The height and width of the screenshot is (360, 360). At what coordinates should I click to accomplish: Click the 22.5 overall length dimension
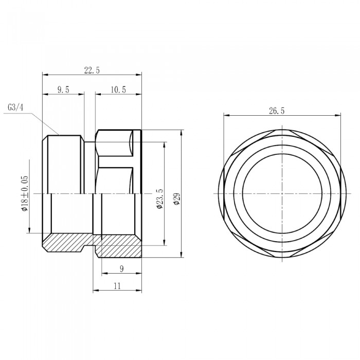pyautogui.click(x=92, y=70)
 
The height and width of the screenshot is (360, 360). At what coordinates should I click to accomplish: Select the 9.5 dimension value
pyautogui.click(x=63, y=89)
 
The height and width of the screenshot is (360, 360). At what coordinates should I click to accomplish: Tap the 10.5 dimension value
pyautogui.click(x=118, y=89)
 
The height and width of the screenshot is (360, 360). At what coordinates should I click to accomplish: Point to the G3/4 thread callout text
pyautogui.click(x=15, y=107)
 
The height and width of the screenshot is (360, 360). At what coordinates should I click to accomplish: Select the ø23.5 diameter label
pyautogui.click(x=159, y=199)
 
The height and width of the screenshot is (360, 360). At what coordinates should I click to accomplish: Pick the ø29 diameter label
pyautogui.click(x=177, y=199)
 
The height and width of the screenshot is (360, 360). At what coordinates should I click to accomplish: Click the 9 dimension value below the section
pyautogui.click(x=122, y=268)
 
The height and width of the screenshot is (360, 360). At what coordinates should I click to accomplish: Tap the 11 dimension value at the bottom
pyautogui.click(x=117, y=286)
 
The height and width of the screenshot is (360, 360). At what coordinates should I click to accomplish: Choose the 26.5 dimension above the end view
pyautogui.click(x=277, y=111)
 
